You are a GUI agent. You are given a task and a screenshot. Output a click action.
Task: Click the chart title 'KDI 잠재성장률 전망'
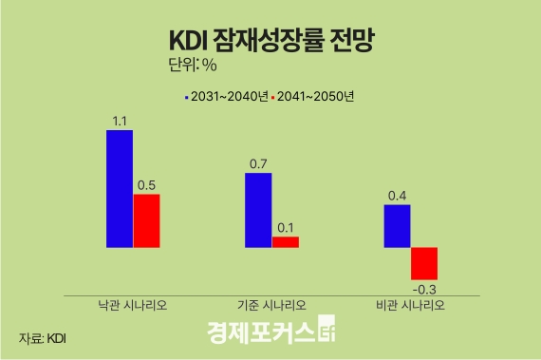[270, 40]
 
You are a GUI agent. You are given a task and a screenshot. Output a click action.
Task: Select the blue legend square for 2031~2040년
[186, 97]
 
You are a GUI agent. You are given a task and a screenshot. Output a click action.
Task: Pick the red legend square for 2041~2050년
[273, 97]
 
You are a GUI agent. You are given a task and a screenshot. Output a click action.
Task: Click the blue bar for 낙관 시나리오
[120, 188]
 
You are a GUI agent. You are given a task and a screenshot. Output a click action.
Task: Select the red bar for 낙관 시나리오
[146, 220]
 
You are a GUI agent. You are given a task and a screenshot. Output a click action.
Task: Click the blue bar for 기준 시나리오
[258, 210]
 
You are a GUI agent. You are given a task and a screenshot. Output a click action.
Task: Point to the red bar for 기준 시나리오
[285, 242]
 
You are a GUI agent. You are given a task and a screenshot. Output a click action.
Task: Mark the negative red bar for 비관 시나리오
[423, 261]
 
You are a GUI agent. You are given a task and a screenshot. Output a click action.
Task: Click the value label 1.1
[120, 121]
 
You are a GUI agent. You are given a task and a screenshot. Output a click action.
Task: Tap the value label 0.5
[146, 185]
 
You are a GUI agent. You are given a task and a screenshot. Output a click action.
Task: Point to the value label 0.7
[258, 164]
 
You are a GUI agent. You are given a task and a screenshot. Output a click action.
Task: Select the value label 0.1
[285, 228]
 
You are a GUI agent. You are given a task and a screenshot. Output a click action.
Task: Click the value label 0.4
[397, 197]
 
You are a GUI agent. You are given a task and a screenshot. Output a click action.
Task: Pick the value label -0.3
[422, 287]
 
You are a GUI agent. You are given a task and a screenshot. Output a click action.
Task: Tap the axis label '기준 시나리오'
[271, 306]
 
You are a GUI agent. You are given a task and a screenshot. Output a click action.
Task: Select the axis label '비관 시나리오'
[410, 306]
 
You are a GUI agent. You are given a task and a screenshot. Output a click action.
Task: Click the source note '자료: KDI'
[43, 337]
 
